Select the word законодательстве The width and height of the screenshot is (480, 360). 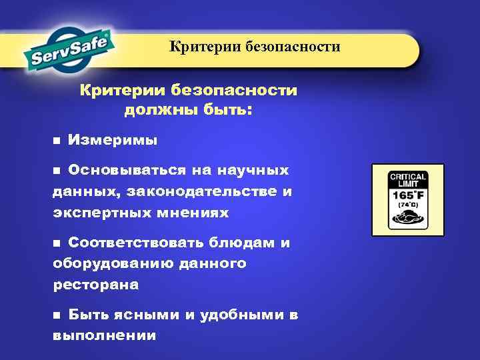coord(213,192)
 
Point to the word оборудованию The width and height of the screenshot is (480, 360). coord(111,264)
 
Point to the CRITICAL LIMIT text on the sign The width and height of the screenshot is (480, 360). coord(407,179)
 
